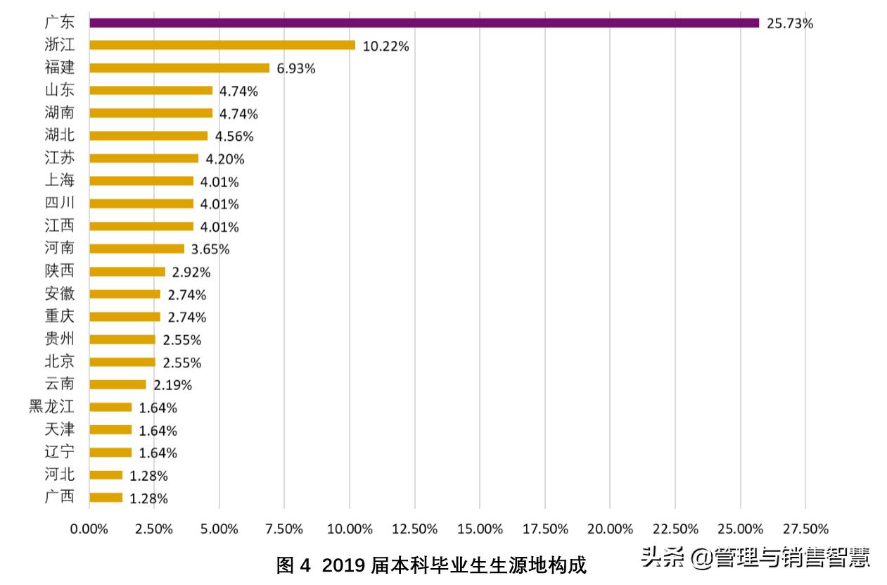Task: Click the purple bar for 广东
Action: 424,23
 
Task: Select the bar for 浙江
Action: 222,46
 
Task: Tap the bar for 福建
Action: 179,68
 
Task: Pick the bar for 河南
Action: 137,249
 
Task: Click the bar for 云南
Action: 117,385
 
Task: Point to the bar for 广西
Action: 106,498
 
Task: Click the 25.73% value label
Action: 789,24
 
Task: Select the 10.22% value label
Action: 385,46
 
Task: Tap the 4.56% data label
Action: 234,137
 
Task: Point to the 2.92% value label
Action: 191,272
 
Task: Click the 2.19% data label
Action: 172,385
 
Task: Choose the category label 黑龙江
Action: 51,407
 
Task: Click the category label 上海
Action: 59,181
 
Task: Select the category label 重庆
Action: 59,316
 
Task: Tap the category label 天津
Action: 59,429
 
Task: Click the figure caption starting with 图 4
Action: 431,565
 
